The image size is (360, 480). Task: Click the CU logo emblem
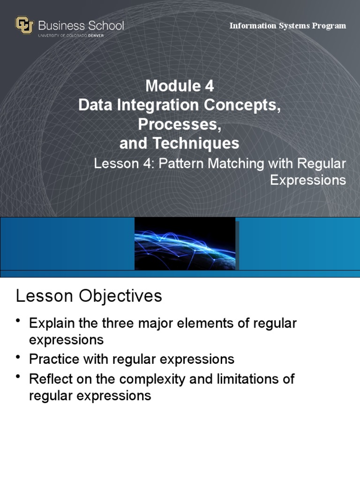click(x=24, y=25)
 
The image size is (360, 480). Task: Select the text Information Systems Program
click(x=287, y=26)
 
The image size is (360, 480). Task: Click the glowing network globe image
click(x=185, y=244)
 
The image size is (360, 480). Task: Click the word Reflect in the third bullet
click(x=49, y=378)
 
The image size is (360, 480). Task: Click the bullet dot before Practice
click(x=18, y=357)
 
